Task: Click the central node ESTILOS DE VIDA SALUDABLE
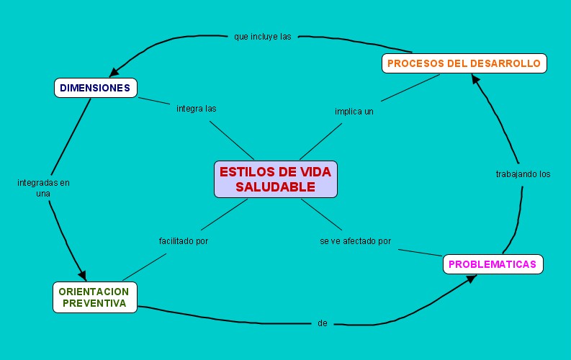[275, 179]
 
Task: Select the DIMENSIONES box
[95, 88]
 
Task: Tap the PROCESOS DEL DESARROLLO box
[464, 63]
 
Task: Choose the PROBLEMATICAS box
[493, 264]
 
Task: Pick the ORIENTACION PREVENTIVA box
[94, 297]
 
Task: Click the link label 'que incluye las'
[262, 36]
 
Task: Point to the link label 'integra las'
[197, 109]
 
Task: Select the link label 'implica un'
[354, 112]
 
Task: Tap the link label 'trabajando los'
[523, 174]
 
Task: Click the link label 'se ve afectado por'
[356, 241]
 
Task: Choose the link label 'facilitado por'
[184, 241]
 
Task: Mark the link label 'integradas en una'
[43, 188]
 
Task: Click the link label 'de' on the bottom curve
[323, 323]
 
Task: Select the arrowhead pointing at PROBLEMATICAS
[471, 278]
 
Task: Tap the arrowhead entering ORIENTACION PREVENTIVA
[81, 276]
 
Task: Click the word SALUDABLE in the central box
[275, 187]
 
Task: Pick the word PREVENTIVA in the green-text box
[94, 304]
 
